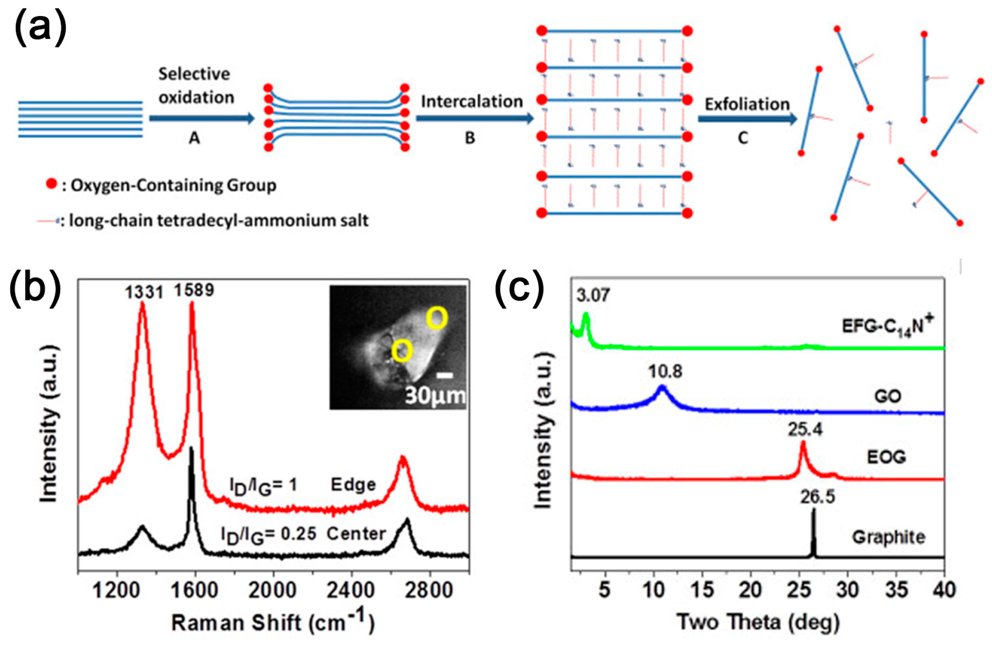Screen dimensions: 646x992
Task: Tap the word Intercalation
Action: pos(471,101)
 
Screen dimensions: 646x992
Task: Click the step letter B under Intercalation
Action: pos(470,138)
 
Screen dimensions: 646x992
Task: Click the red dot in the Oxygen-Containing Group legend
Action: pos(51,184)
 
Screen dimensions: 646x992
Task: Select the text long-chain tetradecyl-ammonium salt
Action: pos(218,220)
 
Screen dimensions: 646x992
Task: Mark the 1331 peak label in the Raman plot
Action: pos(144,292)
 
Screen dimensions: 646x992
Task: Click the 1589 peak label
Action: pos(194,290)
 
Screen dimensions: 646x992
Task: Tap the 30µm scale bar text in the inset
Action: pos(435,396)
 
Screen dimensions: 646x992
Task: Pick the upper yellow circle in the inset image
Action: pos(437,319)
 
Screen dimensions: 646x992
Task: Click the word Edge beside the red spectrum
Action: pos(353,484)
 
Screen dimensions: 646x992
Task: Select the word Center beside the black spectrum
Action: pos(356,534)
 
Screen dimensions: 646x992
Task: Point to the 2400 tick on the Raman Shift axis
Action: pos(351,590)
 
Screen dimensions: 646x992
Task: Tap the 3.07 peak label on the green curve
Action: pos(593,295)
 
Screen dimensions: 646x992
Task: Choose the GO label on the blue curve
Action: pos(887,396)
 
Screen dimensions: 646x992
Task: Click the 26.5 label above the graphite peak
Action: pos(817,497)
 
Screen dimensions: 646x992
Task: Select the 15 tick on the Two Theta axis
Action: pos(702,590)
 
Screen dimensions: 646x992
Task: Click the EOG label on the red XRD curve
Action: pos(886,457)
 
